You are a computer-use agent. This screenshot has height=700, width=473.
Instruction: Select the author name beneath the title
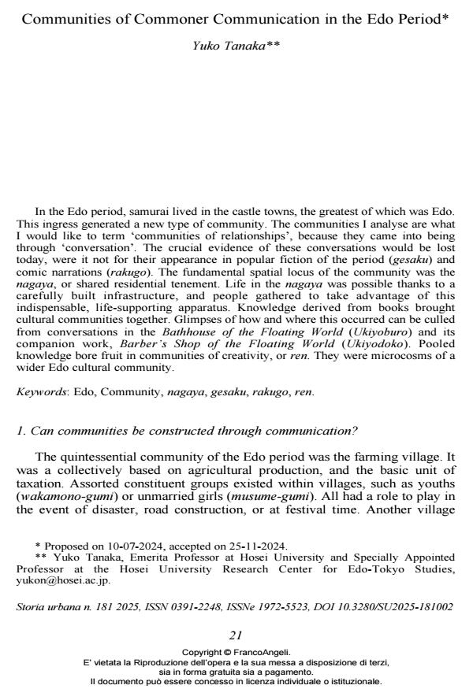[236, 46]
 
